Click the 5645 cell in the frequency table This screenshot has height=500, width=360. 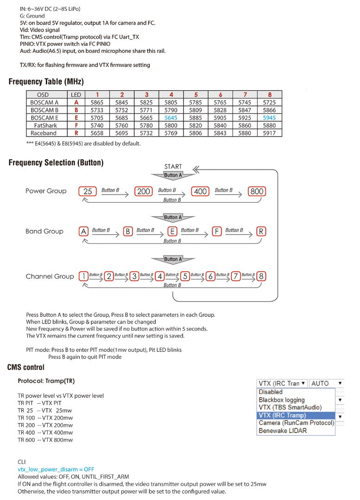pos(171,118)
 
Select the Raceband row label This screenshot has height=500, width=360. pos(44,133)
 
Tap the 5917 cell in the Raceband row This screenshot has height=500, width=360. pos(269,133)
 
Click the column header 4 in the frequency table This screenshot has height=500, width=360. pos(171,95)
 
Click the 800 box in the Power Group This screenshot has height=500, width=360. pos(257,191)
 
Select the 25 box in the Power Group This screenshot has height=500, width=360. pos(88,191)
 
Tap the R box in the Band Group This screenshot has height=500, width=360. pos(261,231)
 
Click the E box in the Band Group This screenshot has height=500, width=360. pos(172,231)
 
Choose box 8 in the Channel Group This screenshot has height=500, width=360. pos(261,276)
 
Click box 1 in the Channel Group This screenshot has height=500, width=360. pos(83,276)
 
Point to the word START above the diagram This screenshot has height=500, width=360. pos(173,167)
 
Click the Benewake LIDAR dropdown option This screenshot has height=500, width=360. pos(283,431)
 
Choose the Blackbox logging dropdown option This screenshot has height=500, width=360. pos(282,400)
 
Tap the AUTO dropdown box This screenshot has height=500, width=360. pos(327,383)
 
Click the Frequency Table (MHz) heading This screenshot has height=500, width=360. pos(46,82)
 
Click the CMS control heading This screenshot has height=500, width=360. pos(26,367)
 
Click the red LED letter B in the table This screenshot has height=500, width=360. pos(76,110)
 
